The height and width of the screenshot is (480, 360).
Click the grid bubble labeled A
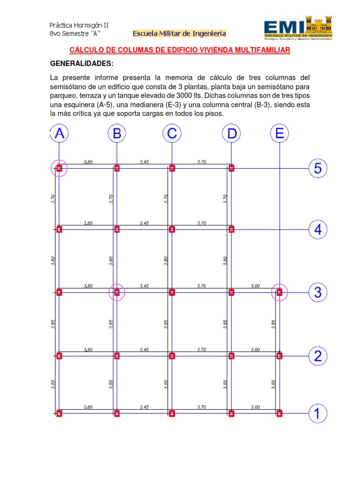[x=59, y=134]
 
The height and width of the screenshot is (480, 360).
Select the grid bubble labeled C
[x=172, y=134]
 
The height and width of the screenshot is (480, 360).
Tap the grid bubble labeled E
[x=279, y=134]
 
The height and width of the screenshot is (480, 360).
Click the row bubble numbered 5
[x=318, y=168]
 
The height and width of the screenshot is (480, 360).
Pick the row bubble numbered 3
[x=318, y=292]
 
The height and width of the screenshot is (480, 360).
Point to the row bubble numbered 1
[x=318, y=413]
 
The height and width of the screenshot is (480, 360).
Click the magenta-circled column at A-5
[x=59, y=168]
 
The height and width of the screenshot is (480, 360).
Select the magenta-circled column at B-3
[x=117, y=292]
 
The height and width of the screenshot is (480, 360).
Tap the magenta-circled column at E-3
[x=279, y=292]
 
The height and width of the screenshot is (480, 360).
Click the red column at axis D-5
[x=231, y=168]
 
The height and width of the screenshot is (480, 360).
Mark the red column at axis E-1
[x=279, y=413]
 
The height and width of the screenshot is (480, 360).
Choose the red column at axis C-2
[x=172, y=356]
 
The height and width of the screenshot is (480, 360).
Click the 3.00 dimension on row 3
[x=255, y=285]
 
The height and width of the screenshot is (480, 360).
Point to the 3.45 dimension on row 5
[x=144, y=162]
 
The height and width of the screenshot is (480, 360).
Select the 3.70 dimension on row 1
[x=202, y=407]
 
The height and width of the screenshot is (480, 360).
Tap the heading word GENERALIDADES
[x=82, y=64]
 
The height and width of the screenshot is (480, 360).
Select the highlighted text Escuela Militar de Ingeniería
[x=180, y=34]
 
